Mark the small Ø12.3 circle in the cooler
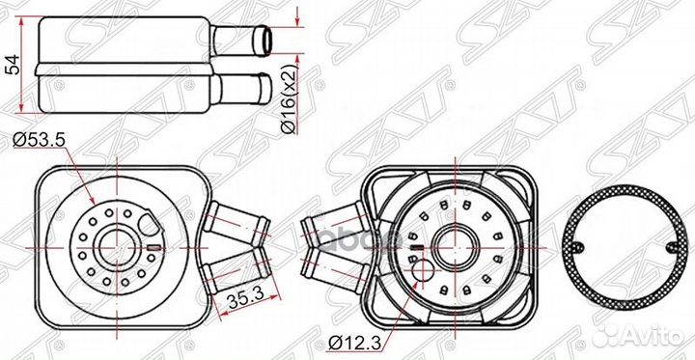click(x=422, y=276)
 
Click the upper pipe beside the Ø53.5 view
click(x=235, y=220)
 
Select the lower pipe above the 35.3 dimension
click(x=235, y=263)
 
